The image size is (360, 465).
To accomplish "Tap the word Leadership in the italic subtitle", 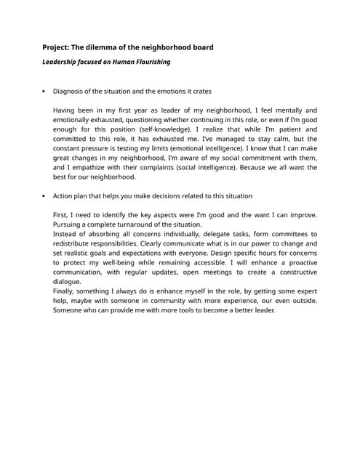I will click(60, 62).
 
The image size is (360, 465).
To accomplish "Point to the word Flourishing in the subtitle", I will click(151, 62).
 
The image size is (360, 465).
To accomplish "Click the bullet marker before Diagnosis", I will click(44, 92).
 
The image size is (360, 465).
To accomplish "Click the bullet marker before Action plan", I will click(44, 196).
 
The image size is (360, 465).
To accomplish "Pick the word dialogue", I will click(68, 281).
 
